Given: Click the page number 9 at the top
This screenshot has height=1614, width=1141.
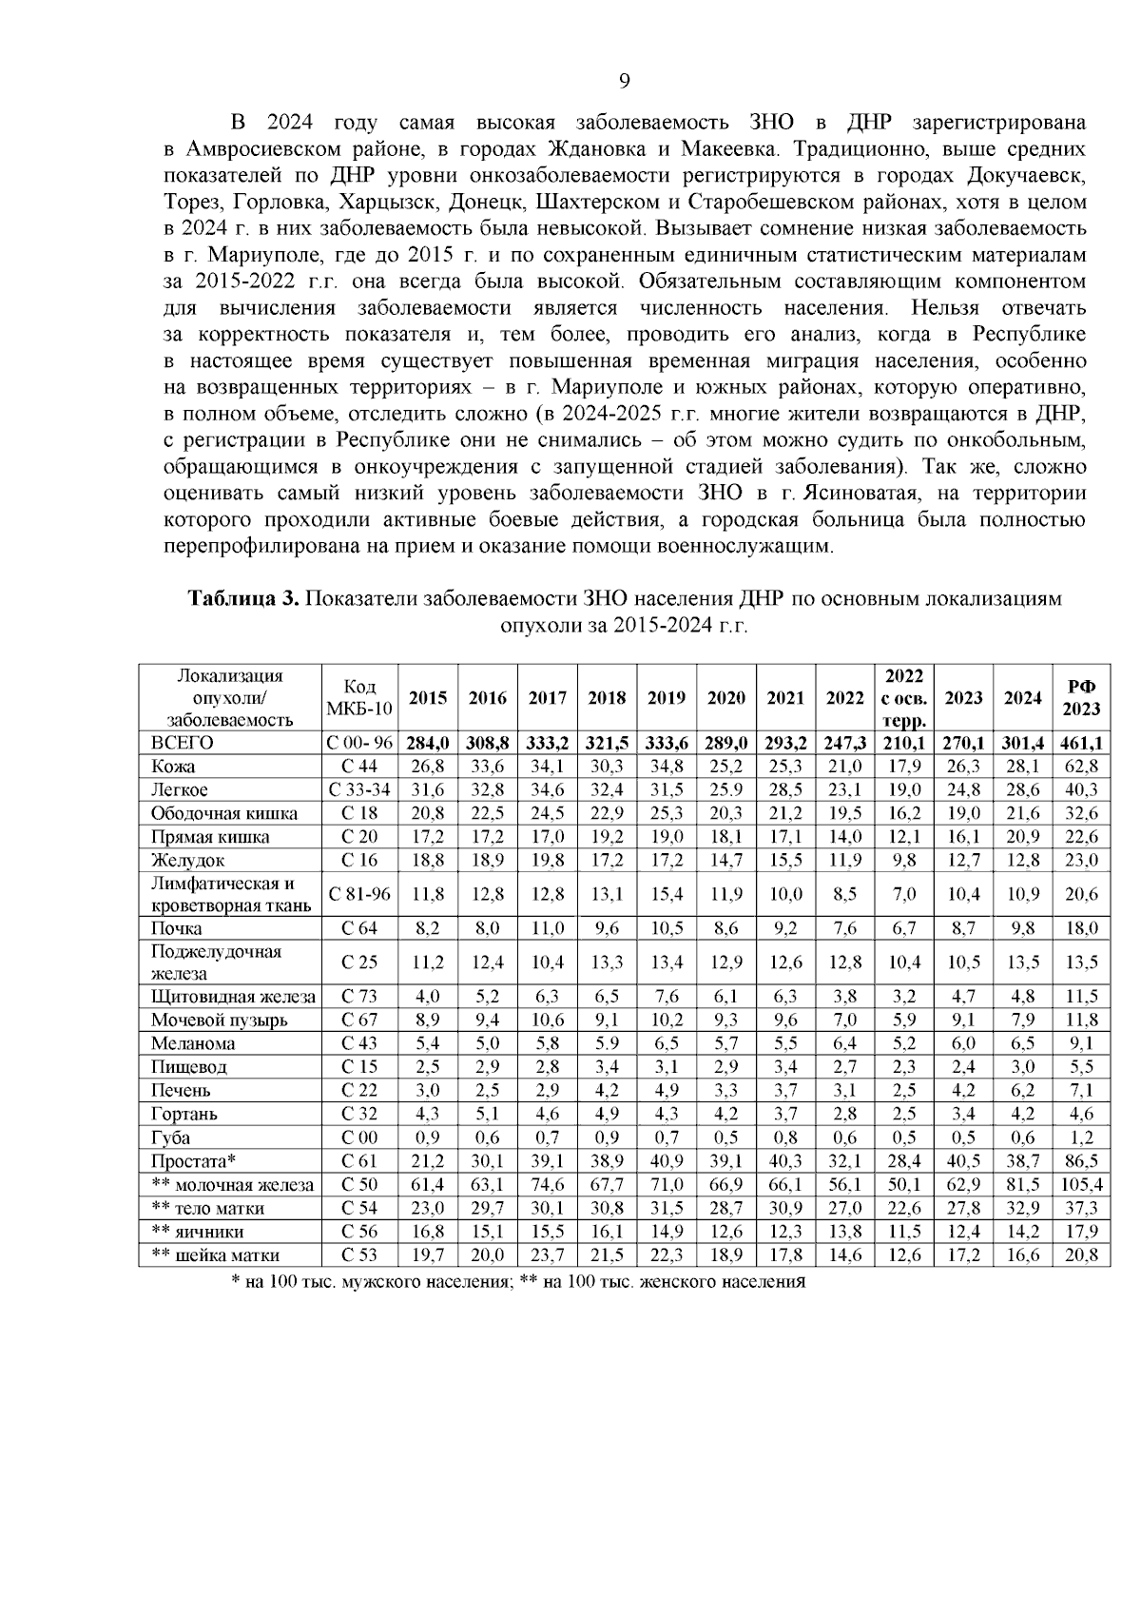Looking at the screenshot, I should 624,80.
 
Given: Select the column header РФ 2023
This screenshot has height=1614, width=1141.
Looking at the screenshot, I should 1081,698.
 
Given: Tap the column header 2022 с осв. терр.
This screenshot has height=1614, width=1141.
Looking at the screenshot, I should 904,698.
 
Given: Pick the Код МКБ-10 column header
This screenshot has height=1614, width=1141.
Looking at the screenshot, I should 359,698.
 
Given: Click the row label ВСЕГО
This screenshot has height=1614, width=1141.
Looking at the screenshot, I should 182,743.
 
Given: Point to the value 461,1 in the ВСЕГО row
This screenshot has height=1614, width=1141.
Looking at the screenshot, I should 1081,743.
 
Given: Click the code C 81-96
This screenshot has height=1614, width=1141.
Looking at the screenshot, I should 359,894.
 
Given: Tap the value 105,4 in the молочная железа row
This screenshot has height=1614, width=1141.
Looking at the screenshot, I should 1081,1185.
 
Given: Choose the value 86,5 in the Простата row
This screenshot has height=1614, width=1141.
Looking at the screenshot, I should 1081,1161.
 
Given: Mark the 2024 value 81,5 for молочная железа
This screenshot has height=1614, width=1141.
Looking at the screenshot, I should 1022,1185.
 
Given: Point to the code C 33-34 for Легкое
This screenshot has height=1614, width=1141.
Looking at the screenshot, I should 359,789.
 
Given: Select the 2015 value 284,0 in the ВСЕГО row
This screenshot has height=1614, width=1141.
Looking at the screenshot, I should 428,743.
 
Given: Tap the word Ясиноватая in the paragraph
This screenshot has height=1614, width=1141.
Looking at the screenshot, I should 867,495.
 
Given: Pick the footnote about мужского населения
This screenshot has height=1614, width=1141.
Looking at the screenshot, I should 371,1282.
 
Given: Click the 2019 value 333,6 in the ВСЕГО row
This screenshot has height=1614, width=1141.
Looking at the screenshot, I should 667,743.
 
